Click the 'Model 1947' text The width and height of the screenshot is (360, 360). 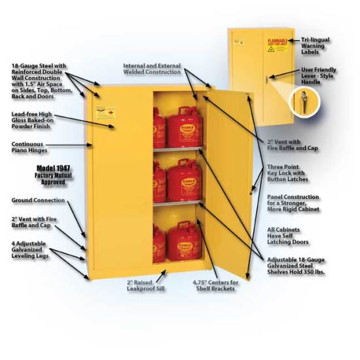53,169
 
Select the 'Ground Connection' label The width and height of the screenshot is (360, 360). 38,200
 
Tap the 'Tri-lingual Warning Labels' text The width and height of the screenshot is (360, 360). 317,44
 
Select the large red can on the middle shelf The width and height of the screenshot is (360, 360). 184,181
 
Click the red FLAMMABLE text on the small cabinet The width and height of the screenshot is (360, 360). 276,37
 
